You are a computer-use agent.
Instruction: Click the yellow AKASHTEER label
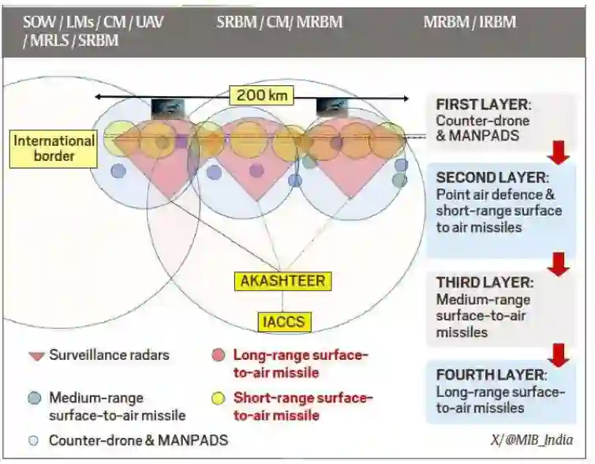[x=283, y=280]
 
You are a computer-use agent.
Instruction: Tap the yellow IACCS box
[x=283, y=321]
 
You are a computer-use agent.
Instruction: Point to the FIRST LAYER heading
[x=483, y=105]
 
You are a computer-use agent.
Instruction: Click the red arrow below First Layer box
[x=558, y=152]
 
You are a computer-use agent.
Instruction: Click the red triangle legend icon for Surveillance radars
[x=35, y=356]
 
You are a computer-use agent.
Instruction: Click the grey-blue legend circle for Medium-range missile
[x=34, y=399]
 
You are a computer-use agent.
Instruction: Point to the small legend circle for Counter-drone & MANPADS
[x=33, y=440]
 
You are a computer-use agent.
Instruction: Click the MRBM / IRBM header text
[x=470, y=21]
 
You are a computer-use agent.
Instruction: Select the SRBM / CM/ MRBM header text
[x=279, y=21]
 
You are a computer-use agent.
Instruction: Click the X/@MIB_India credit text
[x=531, y=440]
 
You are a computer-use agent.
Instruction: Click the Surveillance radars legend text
[x=109, y=355]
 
